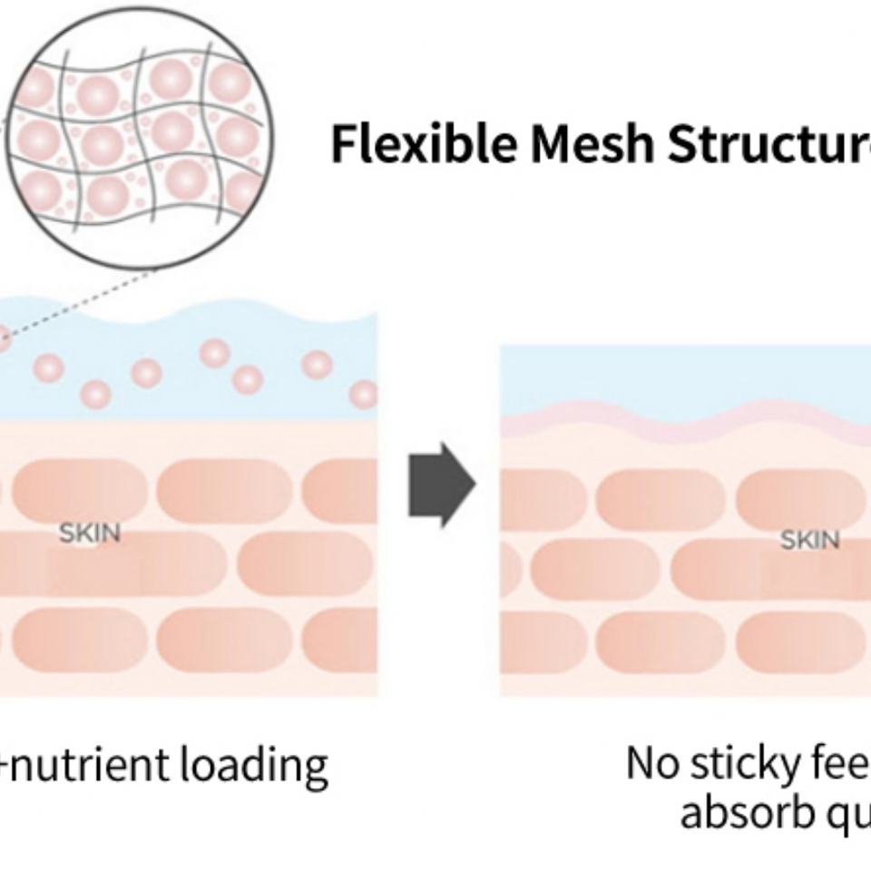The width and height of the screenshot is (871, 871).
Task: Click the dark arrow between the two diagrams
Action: click(441, 484)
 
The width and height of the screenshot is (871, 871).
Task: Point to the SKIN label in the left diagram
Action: click(90, 533)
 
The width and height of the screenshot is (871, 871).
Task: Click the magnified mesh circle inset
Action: click(140, 136)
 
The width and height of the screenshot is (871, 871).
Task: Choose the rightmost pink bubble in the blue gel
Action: click(364, 395)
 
